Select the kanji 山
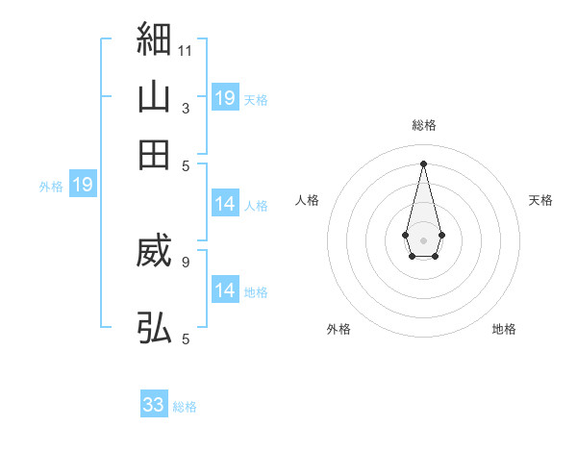coord(154,97)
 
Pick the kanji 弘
coord(154,327)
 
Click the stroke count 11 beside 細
coord(186,50)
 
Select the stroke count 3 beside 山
coord(185,109)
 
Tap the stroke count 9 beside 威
coord(185,261)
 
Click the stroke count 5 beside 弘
coord(185,338)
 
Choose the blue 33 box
coord(154,405)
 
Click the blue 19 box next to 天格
coord(225,97)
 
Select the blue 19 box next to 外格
coord(83,186)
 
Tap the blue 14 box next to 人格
coord(225,204)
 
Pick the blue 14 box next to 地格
coord(225,289)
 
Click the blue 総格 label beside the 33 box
coord(185,407)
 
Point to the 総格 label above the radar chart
coord(424,125)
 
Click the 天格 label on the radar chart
coord(540,200)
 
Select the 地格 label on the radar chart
coord(504,329)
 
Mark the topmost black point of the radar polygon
coord(423,163)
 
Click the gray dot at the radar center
coord(423,239)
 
